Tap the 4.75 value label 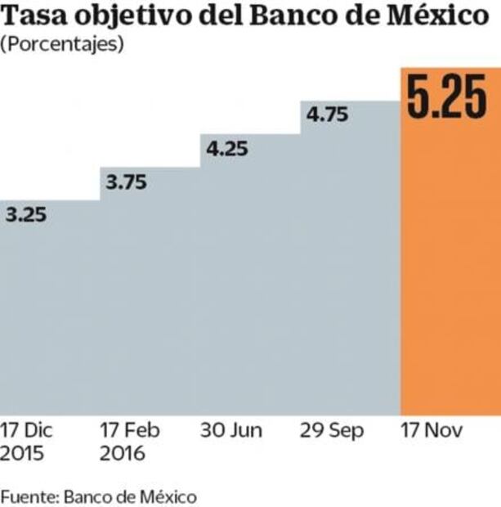(327, 114)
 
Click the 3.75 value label (126, 183)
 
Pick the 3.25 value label (26, 216)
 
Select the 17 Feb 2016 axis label (130, 442)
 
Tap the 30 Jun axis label (232, 431)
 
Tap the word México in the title (449, 17)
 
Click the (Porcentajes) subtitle (62, 45)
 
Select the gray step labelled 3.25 (49, 319)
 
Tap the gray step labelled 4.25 (249, 286)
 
